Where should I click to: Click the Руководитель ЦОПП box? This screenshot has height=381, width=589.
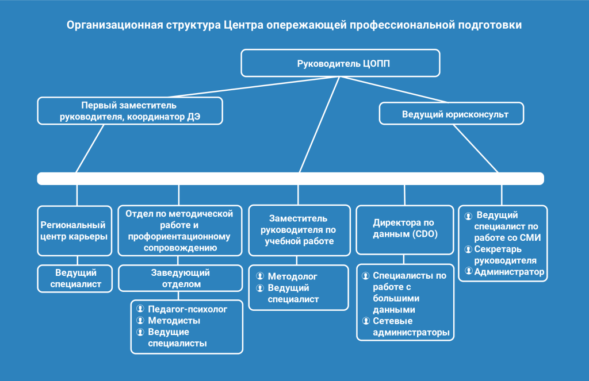[341, 63]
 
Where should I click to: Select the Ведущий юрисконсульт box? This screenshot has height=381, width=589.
[452, 113]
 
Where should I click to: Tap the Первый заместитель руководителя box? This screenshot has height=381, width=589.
[130, 111]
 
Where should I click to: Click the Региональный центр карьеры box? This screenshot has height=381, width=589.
[75, 231]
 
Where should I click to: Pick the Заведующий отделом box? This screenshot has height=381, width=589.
[180, 278]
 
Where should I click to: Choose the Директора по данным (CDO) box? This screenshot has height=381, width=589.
[405, 230]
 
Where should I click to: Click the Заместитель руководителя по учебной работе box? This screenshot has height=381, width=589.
[299, 230]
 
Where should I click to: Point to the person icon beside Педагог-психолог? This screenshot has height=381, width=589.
[140, 309]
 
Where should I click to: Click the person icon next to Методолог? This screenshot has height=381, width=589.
[260, 276]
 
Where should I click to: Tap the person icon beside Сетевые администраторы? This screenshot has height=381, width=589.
[366, 321]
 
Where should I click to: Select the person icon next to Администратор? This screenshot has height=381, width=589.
[468, 271]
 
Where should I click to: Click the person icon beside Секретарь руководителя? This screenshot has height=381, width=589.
[468, 249]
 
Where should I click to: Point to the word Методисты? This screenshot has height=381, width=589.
[174, 321]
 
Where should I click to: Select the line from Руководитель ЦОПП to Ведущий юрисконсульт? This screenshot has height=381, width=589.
[393, 90]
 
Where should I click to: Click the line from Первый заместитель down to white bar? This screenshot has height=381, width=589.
[90, 149]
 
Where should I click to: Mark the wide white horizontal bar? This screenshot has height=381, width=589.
[290, 179]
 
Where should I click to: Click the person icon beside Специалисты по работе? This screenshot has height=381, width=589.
[365, 276]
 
